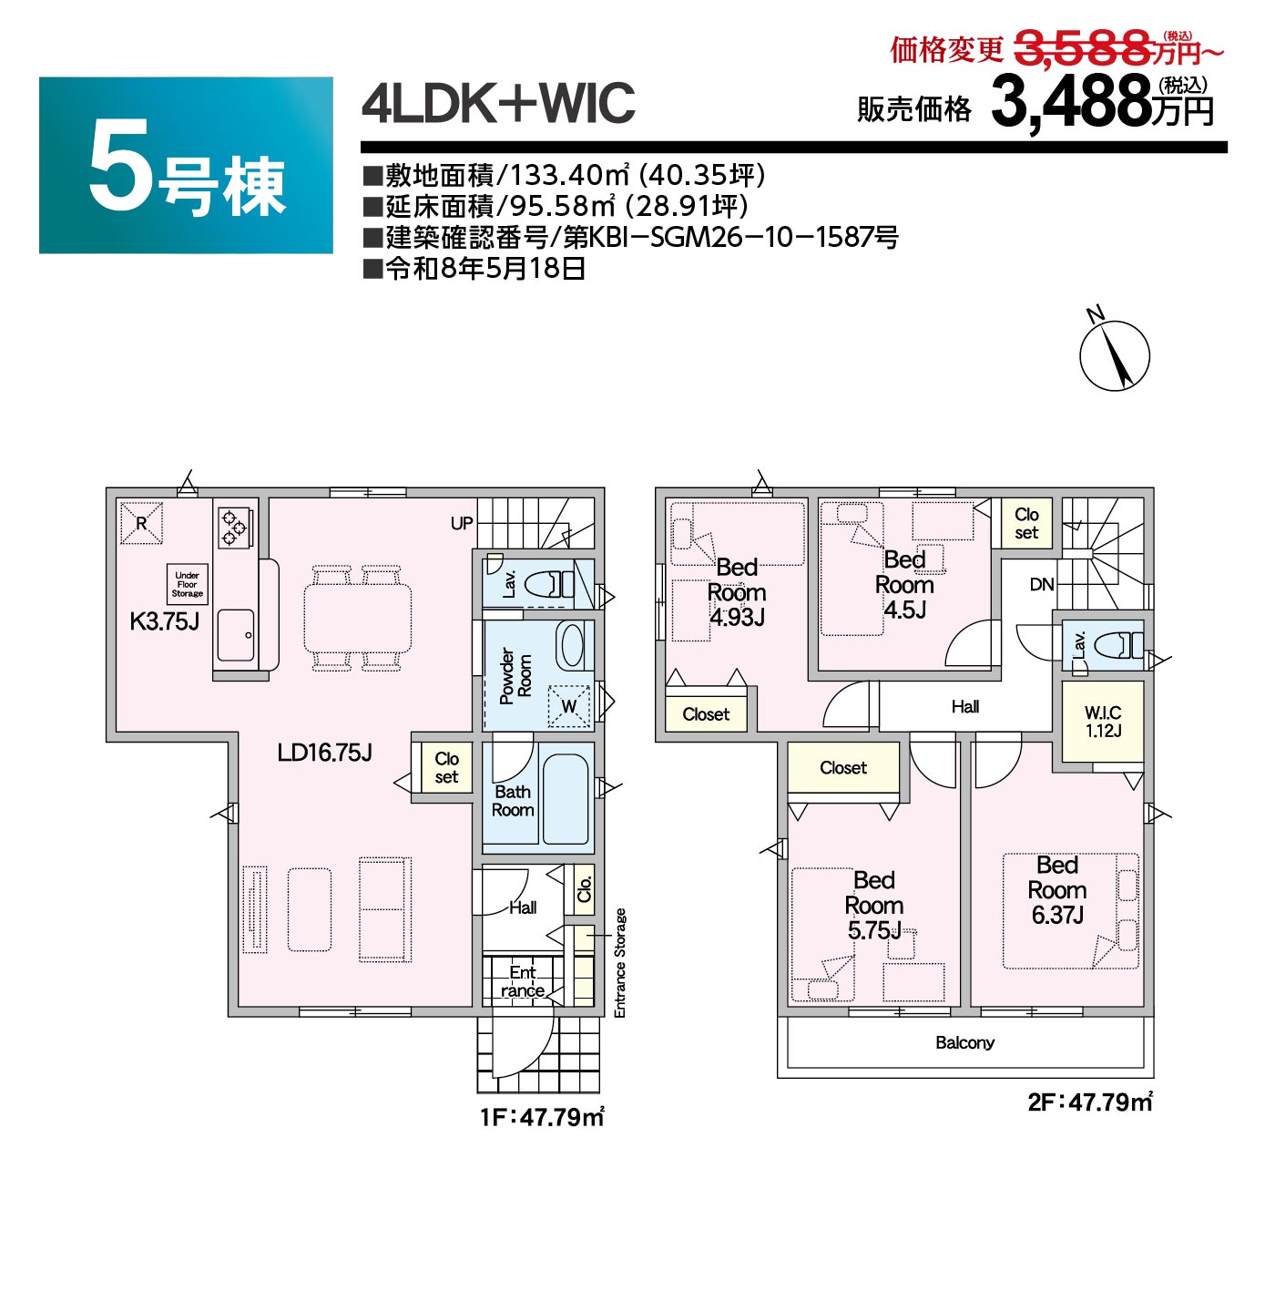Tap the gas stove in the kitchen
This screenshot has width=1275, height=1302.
click(235, 527)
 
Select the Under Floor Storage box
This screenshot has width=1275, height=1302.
click(188, 584)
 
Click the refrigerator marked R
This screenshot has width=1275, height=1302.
click(141, 522)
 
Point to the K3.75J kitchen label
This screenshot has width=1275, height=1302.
click(164, 621)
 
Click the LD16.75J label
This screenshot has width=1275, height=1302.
click(324, 752)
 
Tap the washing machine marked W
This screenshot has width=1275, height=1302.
click(569, 706)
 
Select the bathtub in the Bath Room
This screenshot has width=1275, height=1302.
click(565, 799)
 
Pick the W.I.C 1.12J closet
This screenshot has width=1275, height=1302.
click(1102, 721)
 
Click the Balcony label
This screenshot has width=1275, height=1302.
click(964, 1041)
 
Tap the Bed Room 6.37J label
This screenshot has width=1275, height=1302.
click(1056, 890)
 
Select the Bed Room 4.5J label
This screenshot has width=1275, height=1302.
click(904, 584)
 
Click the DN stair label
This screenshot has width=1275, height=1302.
click(1041, 584)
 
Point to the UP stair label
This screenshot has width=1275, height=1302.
click(462, 523)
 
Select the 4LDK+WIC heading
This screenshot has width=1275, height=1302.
click(498, 103)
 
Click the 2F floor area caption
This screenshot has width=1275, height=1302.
click(1089, 1102)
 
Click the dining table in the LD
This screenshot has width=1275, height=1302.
click(357, 618)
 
